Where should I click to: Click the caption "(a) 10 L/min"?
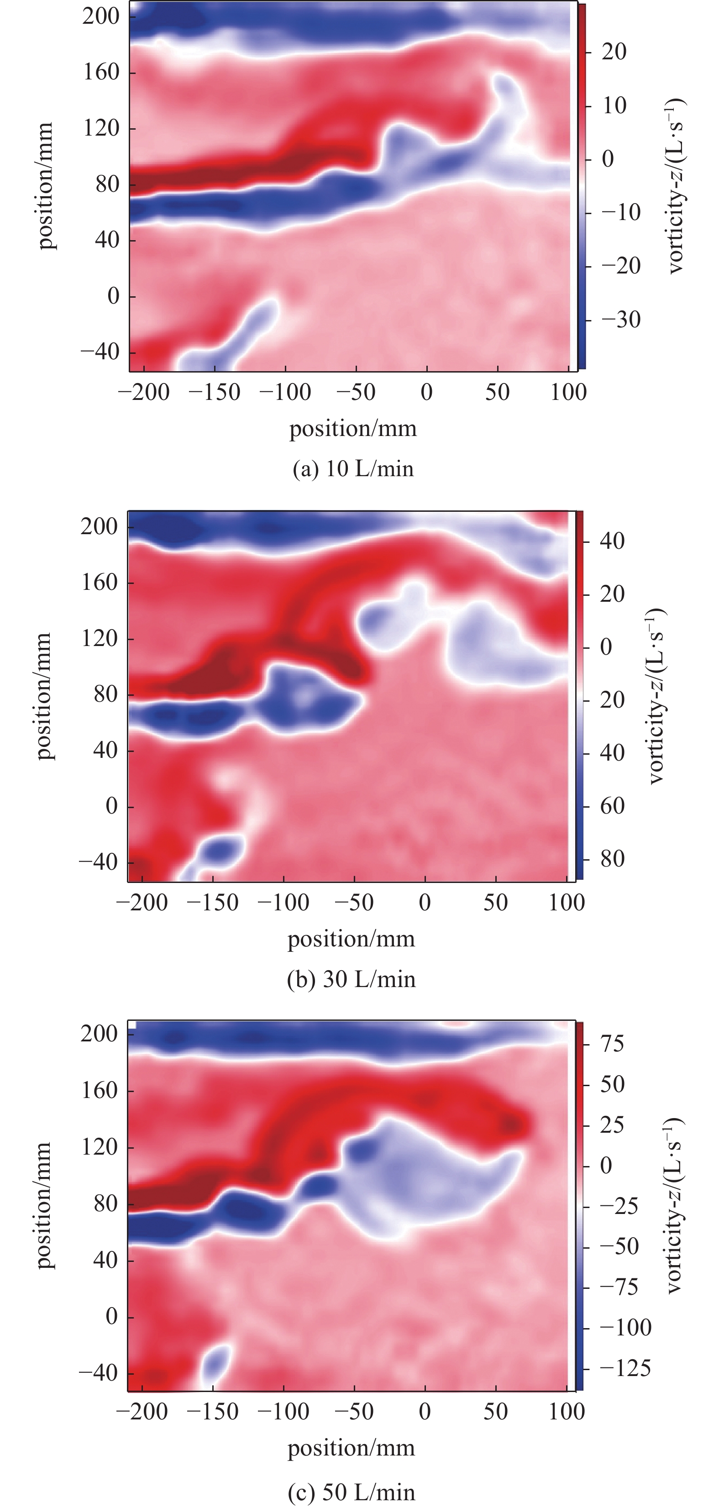pyautogui.click(x=353, y=469)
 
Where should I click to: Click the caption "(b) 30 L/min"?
pyautogui.click(x=352, y=979)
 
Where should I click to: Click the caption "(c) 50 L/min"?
pyautogui.click(x=352, y=1492)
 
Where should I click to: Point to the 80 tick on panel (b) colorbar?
pyautogui.click(x=612, y=859)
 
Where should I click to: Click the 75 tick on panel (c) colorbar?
pyautogui.click(x=612, y=1044)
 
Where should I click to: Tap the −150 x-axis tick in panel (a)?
pyautogui.click(x=214, y=392)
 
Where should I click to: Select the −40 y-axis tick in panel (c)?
pyautogui.click(x=98, y=1373)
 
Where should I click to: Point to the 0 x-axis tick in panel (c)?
pyautogui.click(x=425, y=1411)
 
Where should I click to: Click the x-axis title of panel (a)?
pyautogui.click(x=353, y=429)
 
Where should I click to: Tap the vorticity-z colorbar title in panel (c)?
pyautogui.click(x=673, y=1206)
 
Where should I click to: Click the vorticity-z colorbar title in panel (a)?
pyautogui.click(x=676, y=186)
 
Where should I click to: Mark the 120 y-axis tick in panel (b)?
pyautogui.click(x=99, y=638)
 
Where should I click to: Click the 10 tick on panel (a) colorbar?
pyautogui.click(x=614, y=106)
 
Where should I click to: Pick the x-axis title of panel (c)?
pyautogui.click(x=352, y=1448)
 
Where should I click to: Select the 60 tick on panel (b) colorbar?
pyautogui.click(x=612, y=806)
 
